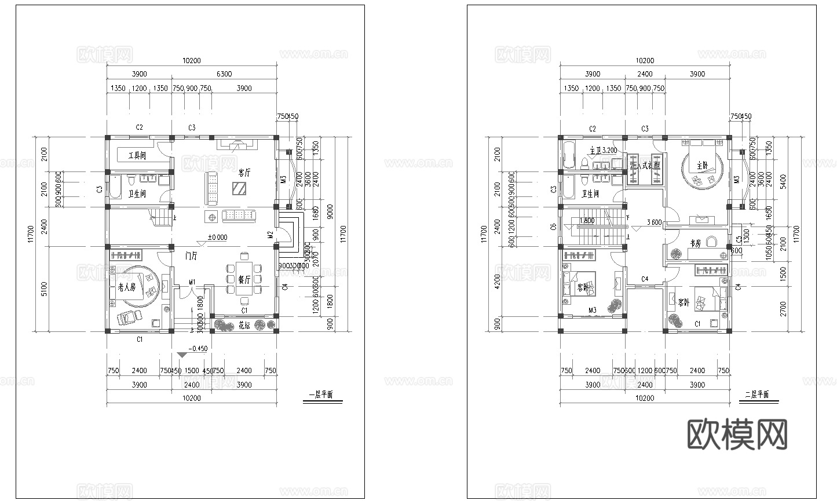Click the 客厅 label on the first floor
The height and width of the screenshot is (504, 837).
click(244, 173)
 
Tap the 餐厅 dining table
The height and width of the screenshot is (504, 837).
click(244, 279)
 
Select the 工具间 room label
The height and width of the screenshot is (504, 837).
click(137, 155)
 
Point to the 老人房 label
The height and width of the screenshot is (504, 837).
click(126, 287)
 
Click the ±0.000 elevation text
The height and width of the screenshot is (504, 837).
click(218, 237)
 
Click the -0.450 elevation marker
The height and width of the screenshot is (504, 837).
click(198, 349)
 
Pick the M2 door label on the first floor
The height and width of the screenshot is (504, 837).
click(271, 235)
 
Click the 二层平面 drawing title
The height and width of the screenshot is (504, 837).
click(756, 395)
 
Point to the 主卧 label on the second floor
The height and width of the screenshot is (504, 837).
click(703, 165)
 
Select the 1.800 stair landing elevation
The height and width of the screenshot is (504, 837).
click(587, 221)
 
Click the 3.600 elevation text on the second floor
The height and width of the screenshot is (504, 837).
click(655, 221)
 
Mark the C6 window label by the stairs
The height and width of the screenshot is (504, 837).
click(554, 227)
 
